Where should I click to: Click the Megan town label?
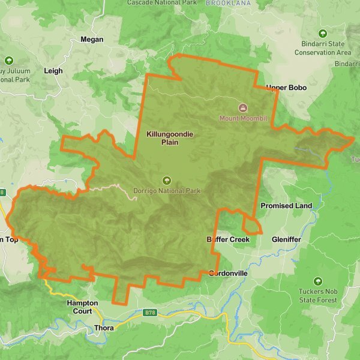[92, 40]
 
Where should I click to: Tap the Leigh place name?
[53, 71]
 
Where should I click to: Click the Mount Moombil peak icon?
[242, 108]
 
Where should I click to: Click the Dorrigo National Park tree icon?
[167, 181]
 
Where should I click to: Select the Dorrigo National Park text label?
[167, 191]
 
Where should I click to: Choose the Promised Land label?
[286, 206]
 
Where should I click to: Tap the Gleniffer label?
[286, 239]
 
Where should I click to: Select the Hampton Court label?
[79, 307]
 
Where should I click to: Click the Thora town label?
[104, 328]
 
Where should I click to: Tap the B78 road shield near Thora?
[151, 312]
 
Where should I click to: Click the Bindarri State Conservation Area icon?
[323, 34]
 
